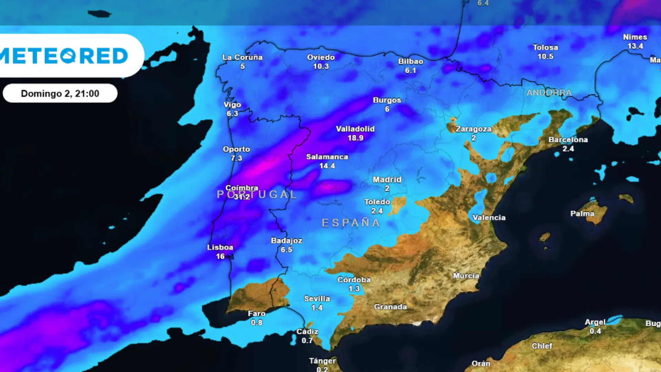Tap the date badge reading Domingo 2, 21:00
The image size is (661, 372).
pos(60,93)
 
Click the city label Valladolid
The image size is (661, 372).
pos(355,129)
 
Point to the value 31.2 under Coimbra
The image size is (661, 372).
pos(242,197)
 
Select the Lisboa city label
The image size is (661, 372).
pos(220,247)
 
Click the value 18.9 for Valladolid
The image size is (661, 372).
pos(355,138)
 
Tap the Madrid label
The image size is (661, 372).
pos(387,179)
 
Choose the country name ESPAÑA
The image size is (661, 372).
pos(351,223)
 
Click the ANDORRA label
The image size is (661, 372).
pos(549,93)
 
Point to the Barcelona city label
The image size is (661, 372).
pos(568,140)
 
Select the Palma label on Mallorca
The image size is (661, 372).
pos(582,214)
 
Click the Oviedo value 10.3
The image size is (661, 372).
pos(321,66)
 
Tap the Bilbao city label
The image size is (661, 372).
pos(410,61)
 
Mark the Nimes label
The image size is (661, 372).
pos(635,37)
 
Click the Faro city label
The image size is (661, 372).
pos(256,313)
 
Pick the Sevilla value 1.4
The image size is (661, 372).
pos(317,308)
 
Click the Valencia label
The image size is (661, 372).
pos(489,218)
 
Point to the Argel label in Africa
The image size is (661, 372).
pos(595,322)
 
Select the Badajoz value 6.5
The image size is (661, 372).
pos(286,249)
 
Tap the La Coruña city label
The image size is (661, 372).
pos(242,57)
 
